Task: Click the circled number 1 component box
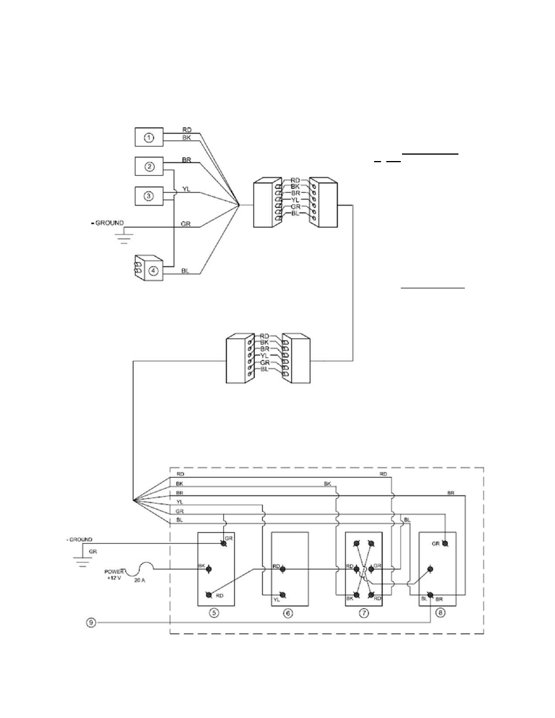tap(149, 137)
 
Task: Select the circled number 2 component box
tap(149, 166)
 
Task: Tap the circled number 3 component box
tap(149, 196)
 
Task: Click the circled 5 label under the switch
tap(214, 613)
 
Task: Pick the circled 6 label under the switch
tap(288, 613)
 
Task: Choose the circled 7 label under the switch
tap(363, 613)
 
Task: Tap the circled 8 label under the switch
tap(440, 613)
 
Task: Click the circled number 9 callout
tap(91, 623)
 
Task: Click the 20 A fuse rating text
tap(139, 580)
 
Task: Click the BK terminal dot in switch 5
tap(209, 569)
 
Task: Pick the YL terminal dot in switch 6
tap(283, 595)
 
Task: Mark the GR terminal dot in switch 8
tap(445, 543)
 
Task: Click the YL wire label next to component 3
tap(186, 189)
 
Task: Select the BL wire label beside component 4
tap(185, 270)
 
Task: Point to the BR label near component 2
tap(186, 160)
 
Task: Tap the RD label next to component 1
tap(187, 130)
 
